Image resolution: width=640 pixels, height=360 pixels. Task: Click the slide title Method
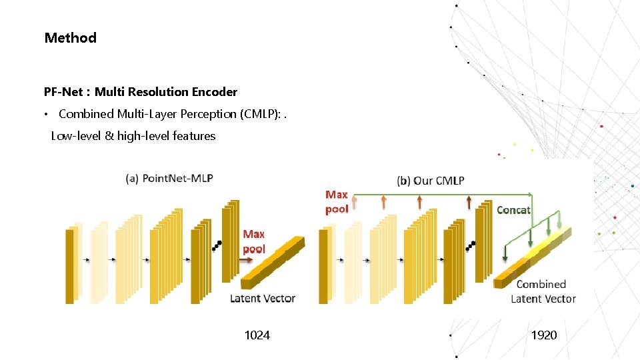coord(70,38)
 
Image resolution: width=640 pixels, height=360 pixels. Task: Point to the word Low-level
coord(75,136)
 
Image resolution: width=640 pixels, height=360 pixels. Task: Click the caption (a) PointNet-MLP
coord(169,178)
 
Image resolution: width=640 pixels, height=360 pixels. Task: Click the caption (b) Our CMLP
coord(430,180)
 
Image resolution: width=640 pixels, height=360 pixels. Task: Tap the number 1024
coord(257,335)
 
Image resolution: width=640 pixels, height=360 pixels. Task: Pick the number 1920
coord(543,335)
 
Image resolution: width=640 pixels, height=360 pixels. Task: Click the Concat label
coord(513,210)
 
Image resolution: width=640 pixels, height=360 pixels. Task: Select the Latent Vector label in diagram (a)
coord(262,298)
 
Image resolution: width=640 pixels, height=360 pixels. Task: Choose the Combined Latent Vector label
coord(543,291)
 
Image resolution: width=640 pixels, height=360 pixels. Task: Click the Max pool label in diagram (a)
coord(253,241)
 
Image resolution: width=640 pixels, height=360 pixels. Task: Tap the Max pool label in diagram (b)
coord(337,201)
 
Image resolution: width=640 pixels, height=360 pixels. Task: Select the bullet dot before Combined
coord(46,115)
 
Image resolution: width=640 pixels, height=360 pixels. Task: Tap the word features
coord(194,136)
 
